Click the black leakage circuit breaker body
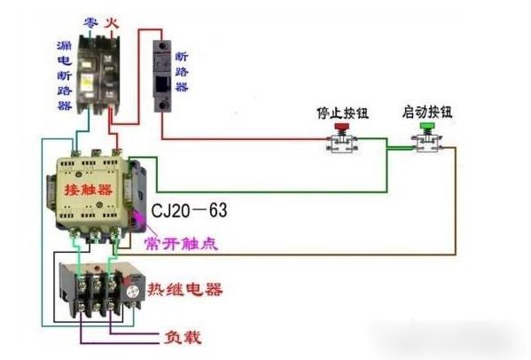(98, 71)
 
